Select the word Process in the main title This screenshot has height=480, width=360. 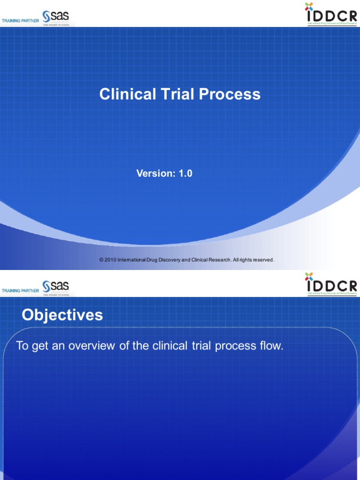coord(230,94)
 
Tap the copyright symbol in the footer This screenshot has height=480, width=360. coord(101,260)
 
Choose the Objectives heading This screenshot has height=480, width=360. coord(62,315)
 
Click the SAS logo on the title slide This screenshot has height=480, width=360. coord(56,18)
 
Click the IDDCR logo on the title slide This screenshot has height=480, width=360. coord(331,14)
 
